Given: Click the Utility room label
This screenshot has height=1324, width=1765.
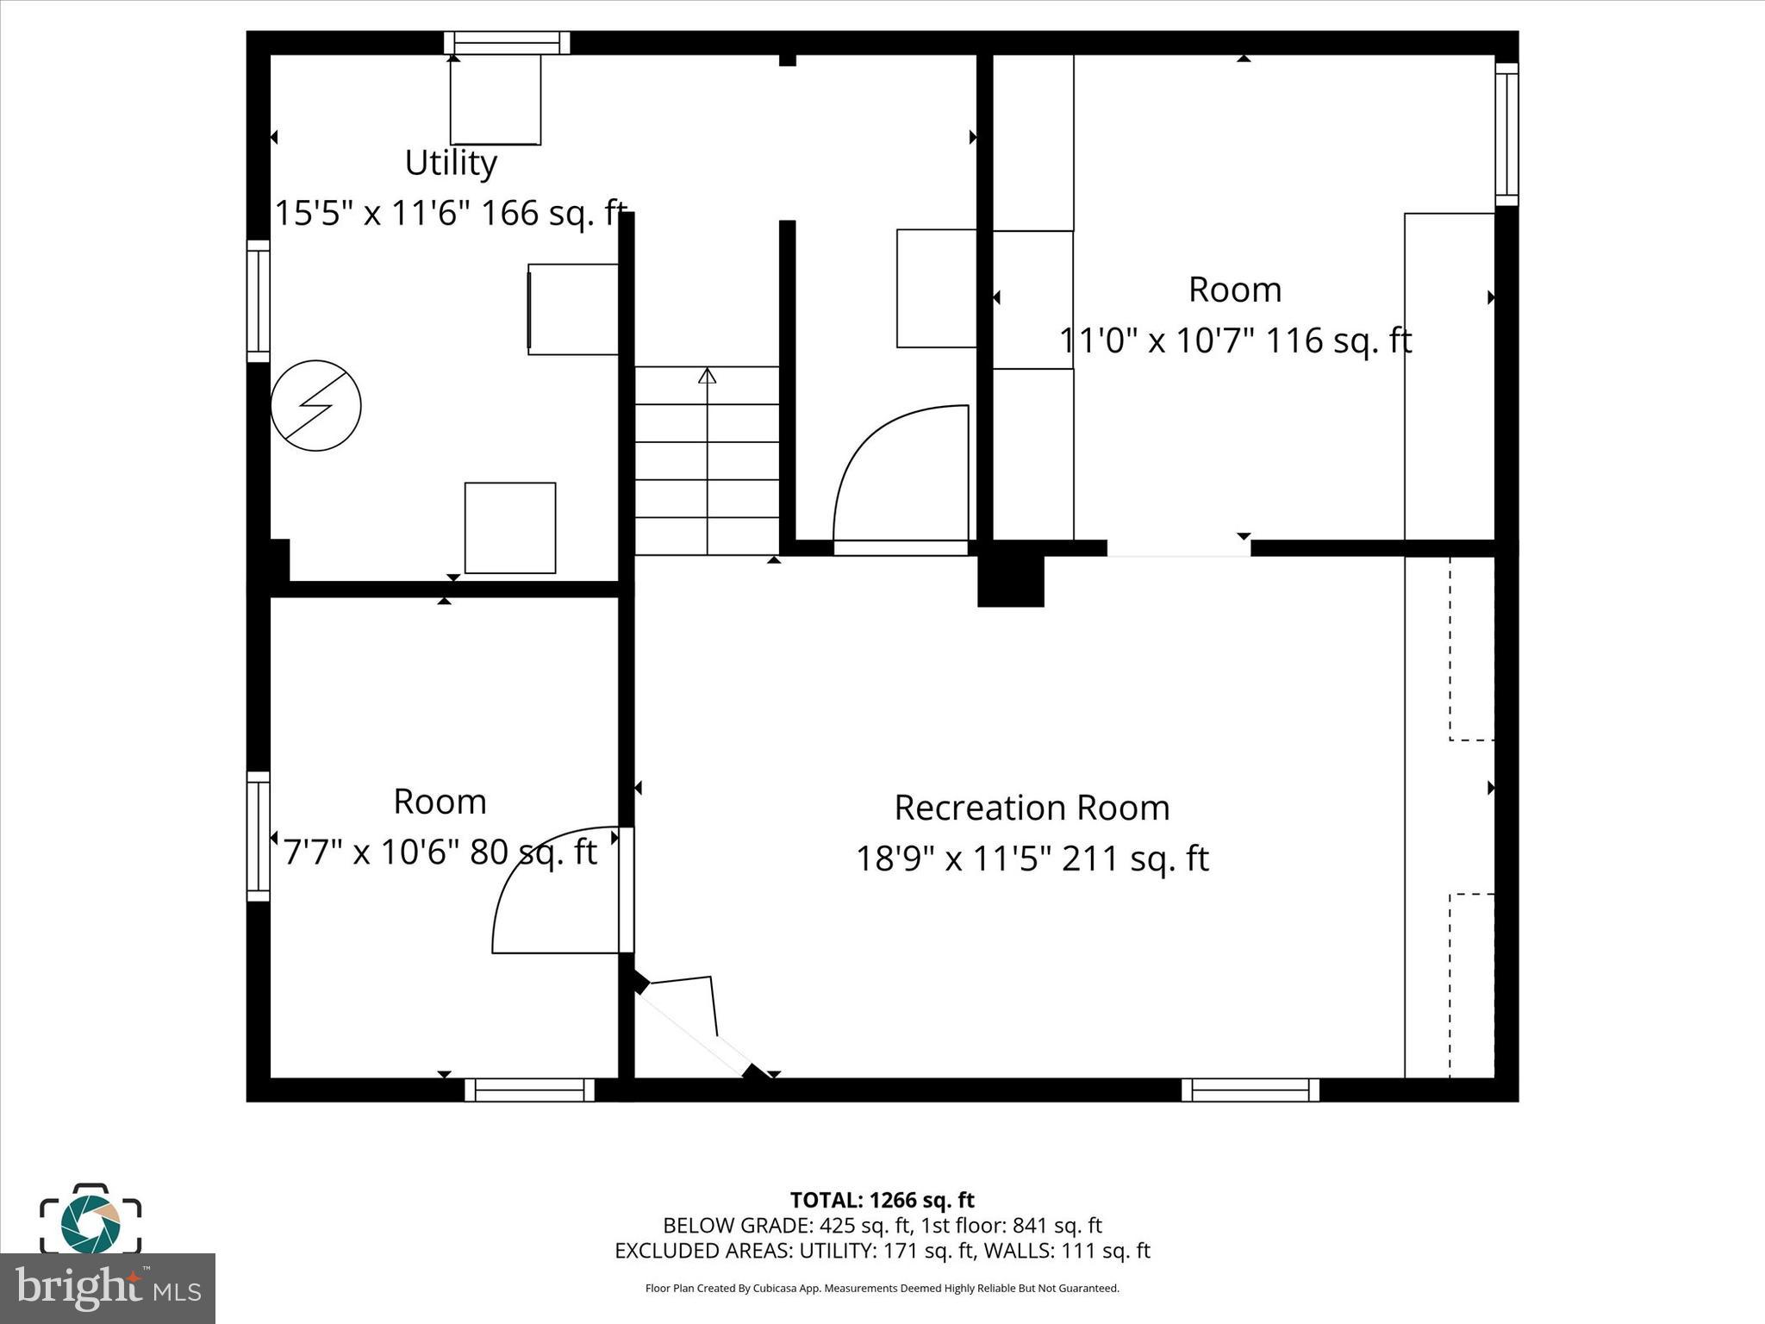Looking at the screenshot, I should click(451, 163).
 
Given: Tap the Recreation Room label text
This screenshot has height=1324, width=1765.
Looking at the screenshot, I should click(1032, 808).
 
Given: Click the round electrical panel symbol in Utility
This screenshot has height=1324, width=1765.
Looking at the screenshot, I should click(315, 405).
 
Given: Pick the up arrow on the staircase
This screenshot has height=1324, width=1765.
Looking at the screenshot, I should click(707, 376).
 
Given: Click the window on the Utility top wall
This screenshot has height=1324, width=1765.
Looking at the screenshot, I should click(507, 43).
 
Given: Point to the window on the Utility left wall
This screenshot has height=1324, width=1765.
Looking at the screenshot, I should click(259, 301).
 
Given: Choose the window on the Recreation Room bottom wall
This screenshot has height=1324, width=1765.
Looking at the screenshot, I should click(1250, 1090).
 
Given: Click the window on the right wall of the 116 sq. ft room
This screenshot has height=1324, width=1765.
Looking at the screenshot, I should click(1506, 134).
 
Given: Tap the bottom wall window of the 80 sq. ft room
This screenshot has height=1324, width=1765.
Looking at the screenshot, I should click(529, 1090).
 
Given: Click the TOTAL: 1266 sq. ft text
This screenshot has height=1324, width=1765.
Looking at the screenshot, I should click(882, 1200).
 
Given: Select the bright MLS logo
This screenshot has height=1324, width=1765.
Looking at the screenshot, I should click(107, 1288).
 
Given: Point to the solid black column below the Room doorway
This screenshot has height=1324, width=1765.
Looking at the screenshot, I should click(1010, 580).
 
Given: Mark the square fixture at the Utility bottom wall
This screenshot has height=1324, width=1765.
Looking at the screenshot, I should click(510, 528).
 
